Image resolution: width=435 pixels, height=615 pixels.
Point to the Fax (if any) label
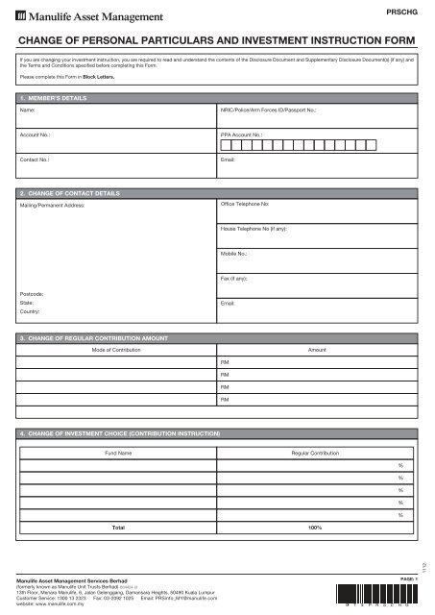tap(235, 278)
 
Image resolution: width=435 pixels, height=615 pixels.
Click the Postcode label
tap(32, 292)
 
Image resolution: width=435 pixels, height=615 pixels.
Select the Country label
tap(31, 312)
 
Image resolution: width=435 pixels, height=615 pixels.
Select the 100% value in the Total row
tap(314, 528)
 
